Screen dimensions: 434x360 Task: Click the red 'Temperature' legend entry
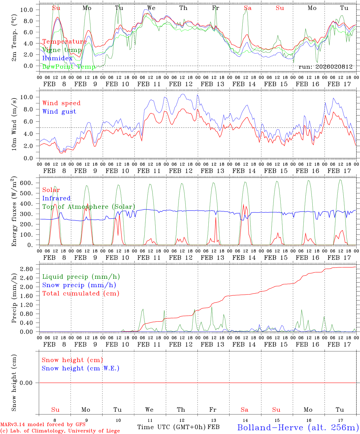(x=65, y=42)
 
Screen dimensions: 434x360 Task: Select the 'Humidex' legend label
(x=57, y=58)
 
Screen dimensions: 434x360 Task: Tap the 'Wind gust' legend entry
(x=59, y=112)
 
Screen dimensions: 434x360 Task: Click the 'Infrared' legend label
(x=56, y=198)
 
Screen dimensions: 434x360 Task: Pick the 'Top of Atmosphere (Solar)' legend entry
(x=89, y=207)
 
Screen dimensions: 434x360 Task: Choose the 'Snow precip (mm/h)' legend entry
(x=79, y=285)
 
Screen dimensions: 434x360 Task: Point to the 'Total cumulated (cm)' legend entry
(x=81, y=294)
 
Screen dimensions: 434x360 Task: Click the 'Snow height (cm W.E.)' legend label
(x=81, y=368)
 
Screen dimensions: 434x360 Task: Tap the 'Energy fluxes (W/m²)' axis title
(x=14, y=211)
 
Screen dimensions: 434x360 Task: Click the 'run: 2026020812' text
(x=325, y=67)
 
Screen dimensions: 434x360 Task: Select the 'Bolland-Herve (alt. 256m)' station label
(x=298, y=427)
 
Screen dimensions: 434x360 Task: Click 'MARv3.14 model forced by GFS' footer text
(x=43, y=424)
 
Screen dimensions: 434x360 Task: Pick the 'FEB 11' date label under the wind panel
(x=149, y=171)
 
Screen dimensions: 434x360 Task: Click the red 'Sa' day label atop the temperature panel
(x=248, y=8)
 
